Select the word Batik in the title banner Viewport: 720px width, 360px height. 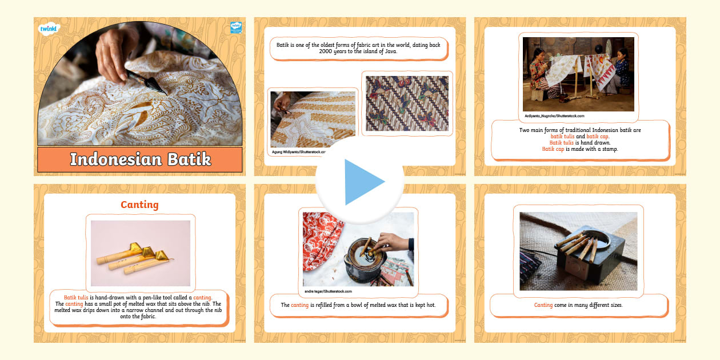coord(189,159)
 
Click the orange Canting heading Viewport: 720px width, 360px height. coord(139,205)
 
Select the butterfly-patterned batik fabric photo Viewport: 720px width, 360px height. coord(407,103)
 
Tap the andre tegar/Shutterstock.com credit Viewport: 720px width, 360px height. coord(328,291)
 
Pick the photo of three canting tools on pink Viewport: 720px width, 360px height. coord(141,253)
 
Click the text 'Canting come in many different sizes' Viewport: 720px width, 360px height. coord(578,305)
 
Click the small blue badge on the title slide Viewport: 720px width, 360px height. coord(235,27)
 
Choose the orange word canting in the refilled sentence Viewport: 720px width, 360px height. coord(300,305)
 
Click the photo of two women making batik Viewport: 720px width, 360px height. coord(578,74)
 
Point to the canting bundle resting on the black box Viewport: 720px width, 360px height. coord(577,243)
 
